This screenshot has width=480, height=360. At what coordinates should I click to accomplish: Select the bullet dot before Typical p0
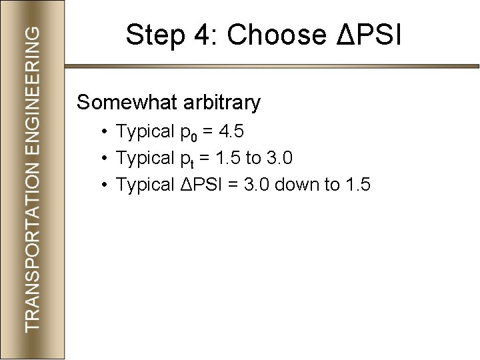(x=106, y=132)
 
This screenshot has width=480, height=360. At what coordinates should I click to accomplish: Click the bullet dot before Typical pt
(x=106, y=159)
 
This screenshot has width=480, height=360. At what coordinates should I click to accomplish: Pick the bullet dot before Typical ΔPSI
(x=106, y=185)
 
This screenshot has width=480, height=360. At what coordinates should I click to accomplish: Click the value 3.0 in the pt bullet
(x=279, y=159)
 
